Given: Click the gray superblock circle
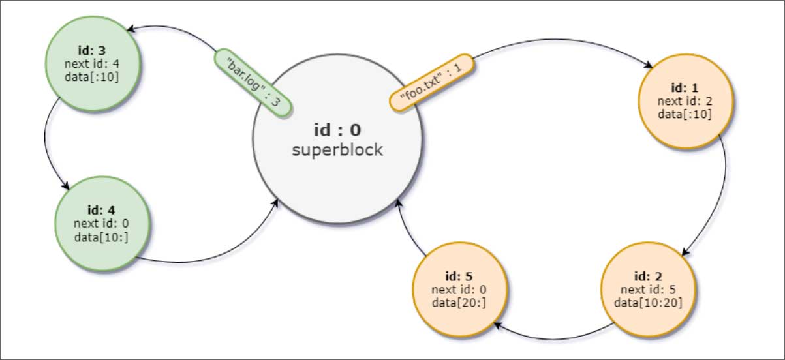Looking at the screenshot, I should (337, 176).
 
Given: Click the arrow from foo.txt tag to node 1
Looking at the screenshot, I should (561, 40).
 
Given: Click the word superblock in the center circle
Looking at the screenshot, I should (337, 150).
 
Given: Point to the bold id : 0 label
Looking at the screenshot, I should (337, 130).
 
